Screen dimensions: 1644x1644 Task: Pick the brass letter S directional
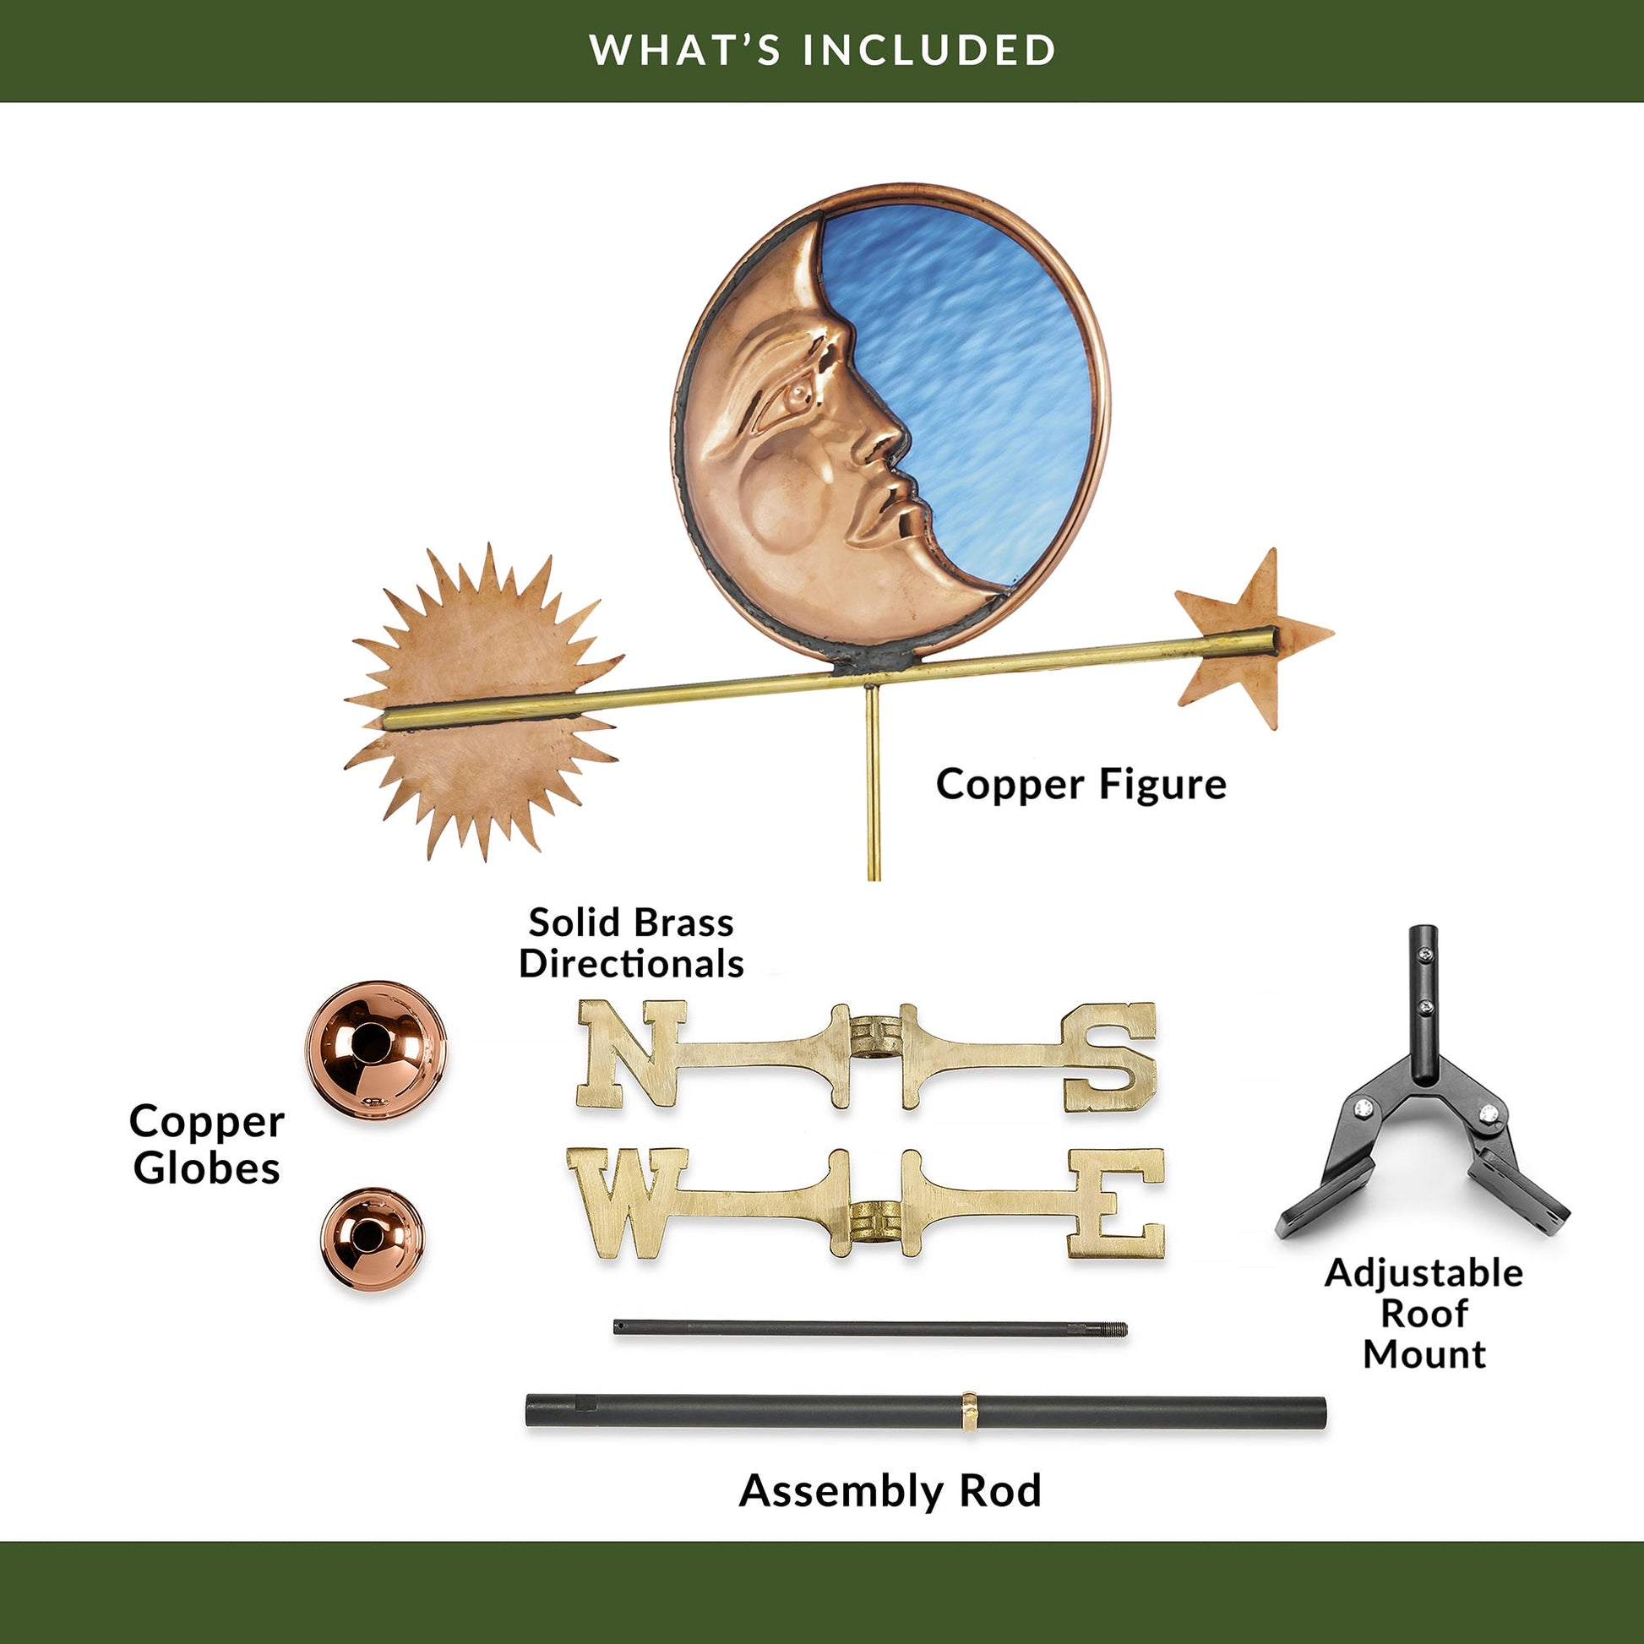pyautogui.click(x=1108, y=1057)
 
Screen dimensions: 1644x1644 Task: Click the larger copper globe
pyautogui.click(x=375, y=1050)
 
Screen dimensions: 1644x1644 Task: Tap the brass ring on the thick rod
pyautogui.click(x=969, y=1413)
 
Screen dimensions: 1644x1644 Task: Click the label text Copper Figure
pyautogui.click(x=1081, y=785)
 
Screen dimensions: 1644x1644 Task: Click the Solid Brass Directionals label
pyautogui.click(x=631, y=944)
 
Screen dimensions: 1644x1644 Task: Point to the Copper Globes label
pyautogui.click(x=207, y=1145)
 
